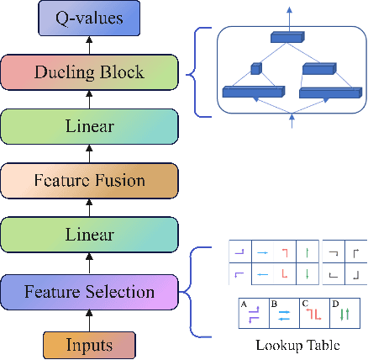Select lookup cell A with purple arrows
[x=253, y=313]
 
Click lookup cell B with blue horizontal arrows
[x=283, y=313]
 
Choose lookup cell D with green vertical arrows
[x=345, y=313]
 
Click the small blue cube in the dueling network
[x=256, y=68]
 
